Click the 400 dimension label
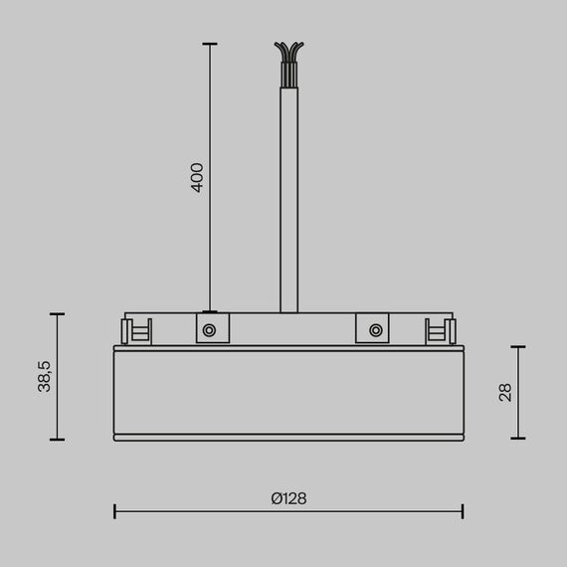tap(197, 177)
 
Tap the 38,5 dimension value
tap(45, 376)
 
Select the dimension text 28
tap(504, 392)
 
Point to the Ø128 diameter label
tap(287, 498)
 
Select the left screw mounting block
tap(209, 328)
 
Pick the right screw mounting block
tap(373, 328)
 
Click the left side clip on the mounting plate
tap(136, 330)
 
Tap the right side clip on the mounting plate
tap(439, 330)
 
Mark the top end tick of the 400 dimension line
tap(209, 44)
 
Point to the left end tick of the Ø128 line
tap(114, 510)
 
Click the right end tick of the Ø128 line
tap(462, 510)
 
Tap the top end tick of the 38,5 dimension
tap(58, 314)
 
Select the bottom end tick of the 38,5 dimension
tap(58, 440)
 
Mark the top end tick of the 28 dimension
tap(517, 346)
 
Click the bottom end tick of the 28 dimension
tap(517, 439)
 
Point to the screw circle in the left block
tap(209, 329)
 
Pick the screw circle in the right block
tap(374, 329)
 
